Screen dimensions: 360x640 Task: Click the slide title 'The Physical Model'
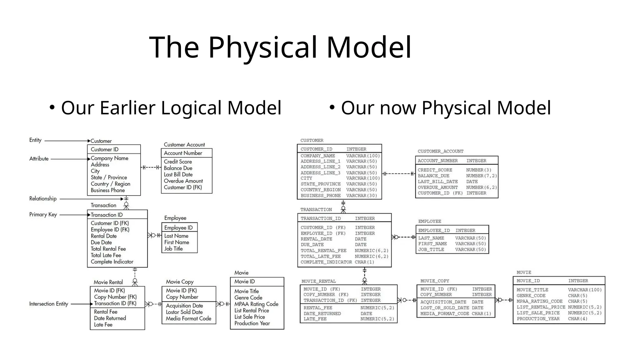tap(280, 47)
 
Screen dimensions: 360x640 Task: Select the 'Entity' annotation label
tap(35, 140)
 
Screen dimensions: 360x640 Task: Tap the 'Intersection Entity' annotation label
tap(48, 304)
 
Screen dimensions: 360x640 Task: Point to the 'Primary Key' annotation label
tap(43, 214)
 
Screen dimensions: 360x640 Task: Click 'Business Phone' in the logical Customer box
tap(107, 190)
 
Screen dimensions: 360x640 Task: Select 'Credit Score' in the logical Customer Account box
tap(178, 162)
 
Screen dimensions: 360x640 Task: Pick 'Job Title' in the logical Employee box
tap(173, 249)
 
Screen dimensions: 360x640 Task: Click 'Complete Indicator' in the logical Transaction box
tap(112, 262)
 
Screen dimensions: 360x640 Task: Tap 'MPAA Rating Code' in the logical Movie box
tap(256, 304)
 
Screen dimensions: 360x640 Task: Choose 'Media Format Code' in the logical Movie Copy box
tap(188, 318)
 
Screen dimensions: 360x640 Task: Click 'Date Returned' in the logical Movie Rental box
tap(110, 318)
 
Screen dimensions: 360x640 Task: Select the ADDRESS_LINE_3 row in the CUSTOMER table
tap(320, 173)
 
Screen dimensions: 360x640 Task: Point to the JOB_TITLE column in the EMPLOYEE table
tap(431, 250)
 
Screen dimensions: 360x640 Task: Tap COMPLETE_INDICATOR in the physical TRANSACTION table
tap(326, 262)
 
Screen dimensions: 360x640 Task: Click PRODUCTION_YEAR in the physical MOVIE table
tap(538, 319)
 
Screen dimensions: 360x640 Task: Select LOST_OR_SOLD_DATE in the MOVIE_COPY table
tap(444, 308)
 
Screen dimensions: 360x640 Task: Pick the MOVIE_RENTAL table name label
tap(318, 281)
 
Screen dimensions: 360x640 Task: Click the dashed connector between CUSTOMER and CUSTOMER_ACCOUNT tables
tap(398, 174)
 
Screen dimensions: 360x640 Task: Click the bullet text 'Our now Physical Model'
tap(446, 108)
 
